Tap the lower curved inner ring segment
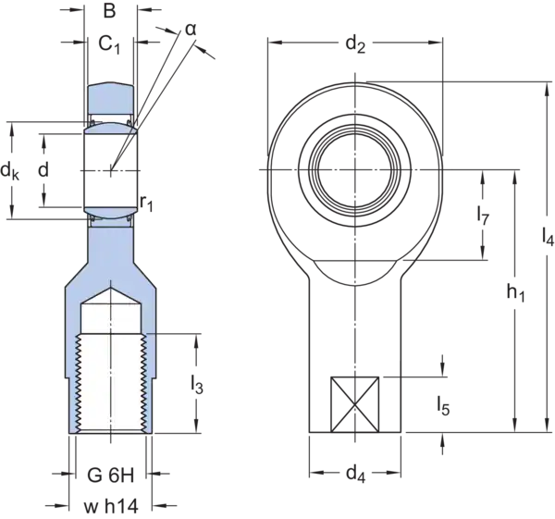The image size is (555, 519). (111, 213)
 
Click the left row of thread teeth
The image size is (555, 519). (78, 384)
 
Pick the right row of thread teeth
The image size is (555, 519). (144, 384)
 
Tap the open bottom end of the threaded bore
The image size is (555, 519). (111, 433)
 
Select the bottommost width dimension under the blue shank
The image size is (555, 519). (111, 506)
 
